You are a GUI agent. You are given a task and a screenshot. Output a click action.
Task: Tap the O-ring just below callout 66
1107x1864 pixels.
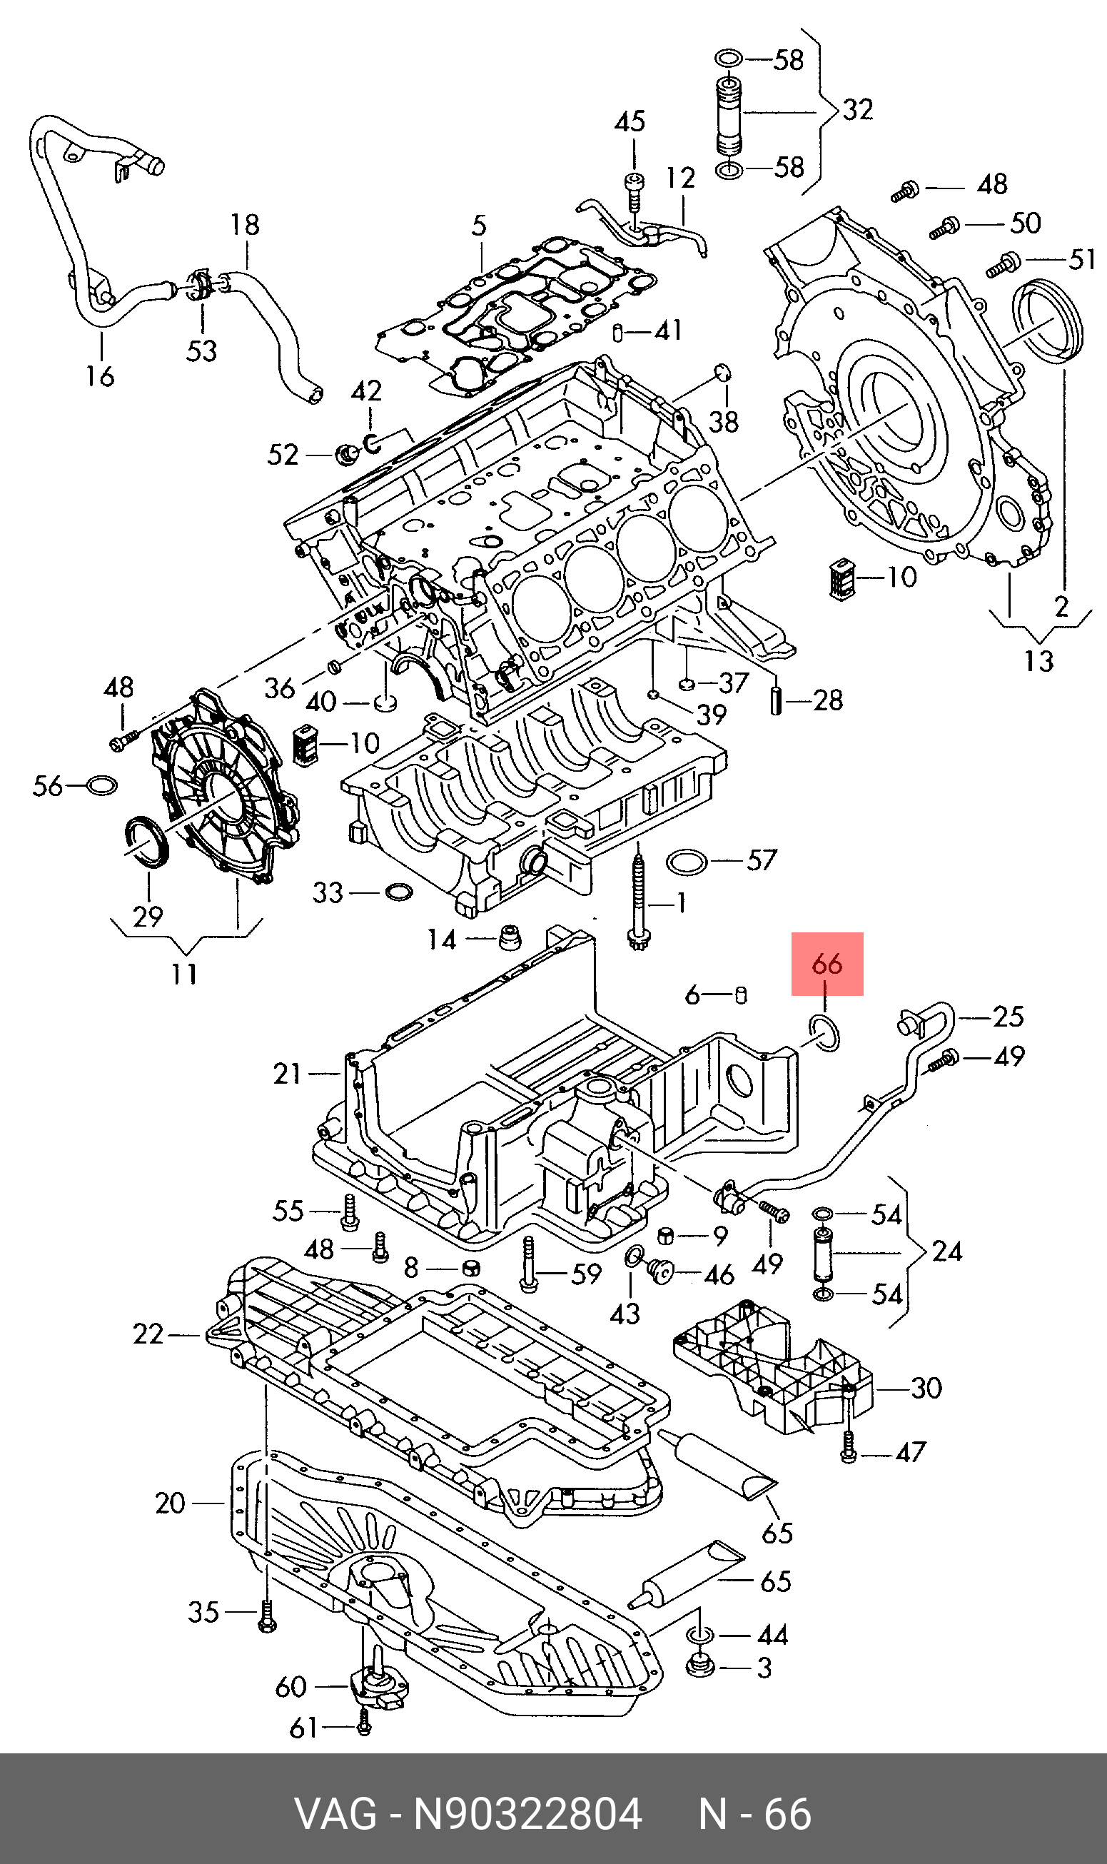(824, 1032)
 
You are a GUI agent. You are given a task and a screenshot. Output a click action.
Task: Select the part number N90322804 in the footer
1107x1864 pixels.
(527, 1813)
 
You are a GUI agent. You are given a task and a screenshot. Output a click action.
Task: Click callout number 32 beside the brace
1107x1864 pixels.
(857, 110)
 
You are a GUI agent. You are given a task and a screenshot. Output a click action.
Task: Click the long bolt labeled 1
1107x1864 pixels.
(638, 902)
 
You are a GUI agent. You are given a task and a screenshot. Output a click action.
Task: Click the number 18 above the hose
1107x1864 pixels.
(245, 224)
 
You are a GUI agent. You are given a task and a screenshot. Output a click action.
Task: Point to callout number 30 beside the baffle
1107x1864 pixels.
(926, 1387)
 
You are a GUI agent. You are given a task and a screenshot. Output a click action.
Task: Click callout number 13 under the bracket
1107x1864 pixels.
(1038, 660)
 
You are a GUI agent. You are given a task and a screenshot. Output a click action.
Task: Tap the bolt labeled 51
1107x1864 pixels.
(1004, 264)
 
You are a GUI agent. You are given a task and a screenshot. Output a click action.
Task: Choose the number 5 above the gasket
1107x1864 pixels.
(479, 226)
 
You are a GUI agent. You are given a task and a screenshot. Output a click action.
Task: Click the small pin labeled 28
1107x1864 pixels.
(777, 700)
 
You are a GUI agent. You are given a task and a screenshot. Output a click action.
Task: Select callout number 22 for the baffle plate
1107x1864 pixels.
(148, 1334)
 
